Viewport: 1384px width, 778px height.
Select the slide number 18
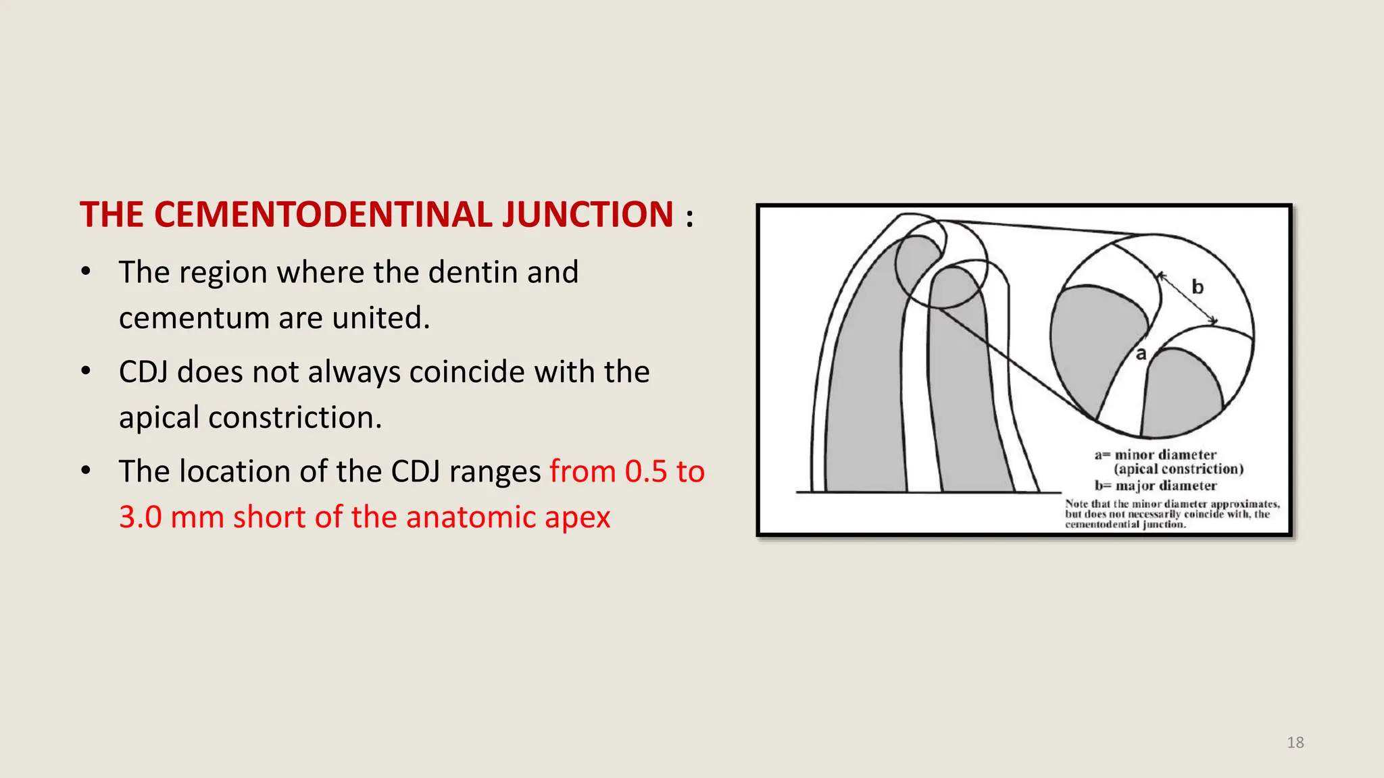pyautogui.click(x=1295, y=743)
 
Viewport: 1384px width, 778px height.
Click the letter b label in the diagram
pyautogui.click(x=1197, y=288)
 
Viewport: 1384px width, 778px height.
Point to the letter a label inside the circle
pyautogui.click(x=1141, y=354)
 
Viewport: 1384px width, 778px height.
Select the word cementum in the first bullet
pyautogui.click(x=193, y=318)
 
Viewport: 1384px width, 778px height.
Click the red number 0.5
pyautogui.click(x=646, y=471)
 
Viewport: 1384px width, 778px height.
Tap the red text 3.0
pyautogui.click(x=141, y=517)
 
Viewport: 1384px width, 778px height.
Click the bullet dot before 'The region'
pyautogui.click(x=86, y=273)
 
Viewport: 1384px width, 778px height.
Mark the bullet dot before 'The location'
pyautogui.click(x=86, y=471)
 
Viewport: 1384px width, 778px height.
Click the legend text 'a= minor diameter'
pyautogui.click(x=1156, y=455)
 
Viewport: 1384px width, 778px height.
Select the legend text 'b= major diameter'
pyautogui.click(x=1156, y=486)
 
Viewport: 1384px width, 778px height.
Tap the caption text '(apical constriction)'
pyautogui.click(x=1179, y=469)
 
